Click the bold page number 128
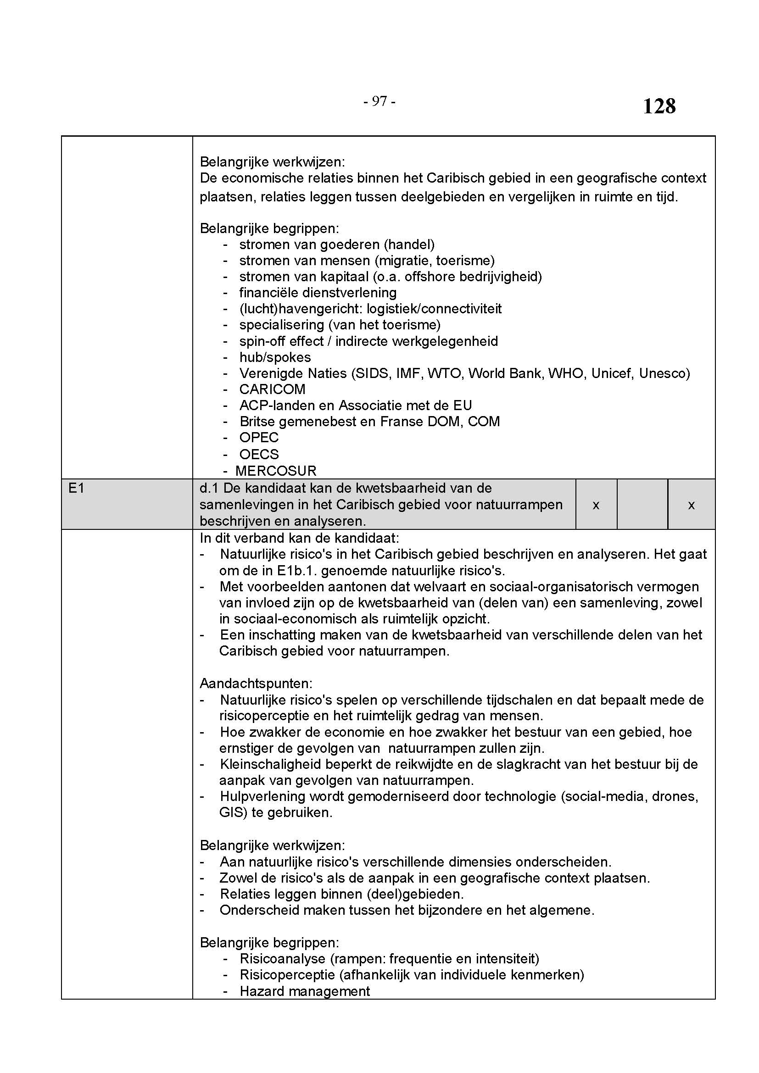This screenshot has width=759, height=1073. pyautogui.click(x=659, y=106)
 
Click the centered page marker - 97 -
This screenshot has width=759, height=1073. pyautogui.click(x=379, y=101)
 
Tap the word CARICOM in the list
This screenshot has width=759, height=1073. pyautogui.click(x=272, y=389)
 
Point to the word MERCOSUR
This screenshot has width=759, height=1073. pyautogui.click(x=276, y=471)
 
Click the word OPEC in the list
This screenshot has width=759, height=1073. pyautogui.click(x=258, y=438)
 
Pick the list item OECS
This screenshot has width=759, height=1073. pyautogui.click(x=259, y=454)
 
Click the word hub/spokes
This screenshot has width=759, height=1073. pyautogui.click(x=275, y=357)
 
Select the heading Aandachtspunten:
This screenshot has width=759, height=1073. pyautogui.click(x=256, y=683)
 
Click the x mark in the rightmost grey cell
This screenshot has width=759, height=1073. pyautogui.click(x=691, y=505)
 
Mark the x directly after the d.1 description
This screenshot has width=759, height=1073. pyautogui.click(x=596, y=505)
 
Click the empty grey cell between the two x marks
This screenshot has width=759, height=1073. pyautogui.click(x=642, y=505)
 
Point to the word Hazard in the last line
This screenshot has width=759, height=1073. pyautogui.click(x=262, y=991)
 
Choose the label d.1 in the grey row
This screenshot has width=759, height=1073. pyautogui.click(x=209, y=489)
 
